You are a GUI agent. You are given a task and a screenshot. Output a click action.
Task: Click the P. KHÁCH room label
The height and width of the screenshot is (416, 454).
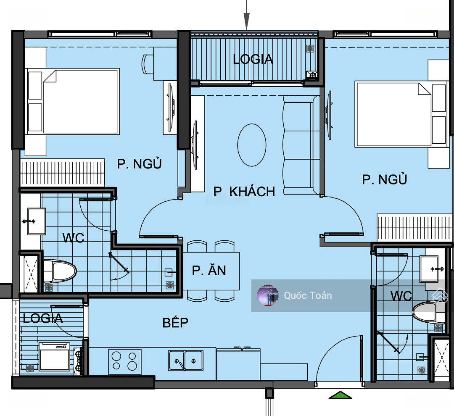click(x=244, y=191)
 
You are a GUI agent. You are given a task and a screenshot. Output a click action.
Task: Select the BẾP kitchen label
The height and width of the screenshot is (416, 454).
click(x=175, y=322)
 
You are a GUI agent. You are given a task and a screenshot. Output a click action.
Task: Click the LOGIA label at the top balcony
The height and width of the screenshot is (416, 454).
click(x=253, y=59)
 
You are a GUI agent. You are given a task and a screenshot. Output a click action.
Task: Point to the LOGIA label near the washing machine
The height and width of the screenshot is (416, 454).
click(x=43, y=319)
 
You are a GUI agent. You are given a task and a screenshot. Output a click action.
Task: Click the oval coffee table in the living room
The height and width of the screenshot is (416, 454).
click(x=252, y=145)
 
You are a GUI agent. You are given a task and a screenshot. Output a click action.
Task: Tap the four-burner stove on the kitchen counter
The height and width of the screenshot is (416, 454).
click(x=125, y=362)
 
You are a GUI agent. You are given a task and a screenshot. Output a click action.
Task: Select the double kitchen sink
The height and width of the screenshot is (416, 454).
click(x=186, y=361)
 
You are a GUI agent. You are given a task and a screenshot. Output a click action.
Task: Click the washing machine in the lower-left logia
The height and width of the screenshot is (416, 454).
click(x=54, y=356)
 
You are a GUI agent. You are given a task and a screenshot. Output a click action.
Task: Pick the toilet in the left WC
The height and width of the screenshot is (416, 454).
click(x=60, y=271)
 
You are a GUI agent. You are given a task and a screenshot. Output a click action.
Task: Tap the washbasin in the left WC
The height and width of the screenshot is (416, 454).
click(x=36, y=221)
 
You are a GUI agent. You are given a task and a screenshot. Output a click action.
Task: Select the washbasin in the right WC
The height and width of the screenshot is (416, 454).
click(x=429, y=269)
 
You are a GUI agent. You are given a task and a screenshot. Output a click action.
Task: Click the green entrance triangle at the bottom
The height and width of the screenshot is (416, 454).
click(x=340, y=395)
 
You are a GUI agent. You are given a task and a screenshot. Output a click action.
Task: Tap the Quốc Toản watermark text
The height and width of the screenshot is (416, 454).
click(x=308, y=295)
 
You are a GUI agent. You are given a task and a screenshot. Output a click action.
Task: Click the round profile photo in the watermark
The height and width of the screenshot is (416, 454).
click(x=268, y=295)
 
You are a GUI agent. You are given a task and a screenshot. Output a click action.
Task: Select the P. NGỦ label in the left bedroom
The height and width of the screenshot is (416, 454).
click(x=139, y=163)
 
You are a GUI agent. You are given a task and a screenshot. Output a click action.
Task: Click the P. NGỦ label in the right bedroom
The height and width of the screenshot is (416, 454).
click(x=385, y=179)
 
